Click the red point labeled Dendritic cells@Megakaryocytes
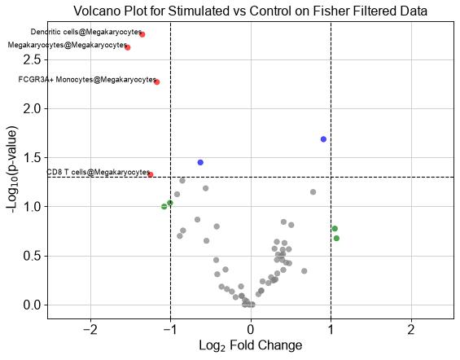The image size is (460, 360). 142,34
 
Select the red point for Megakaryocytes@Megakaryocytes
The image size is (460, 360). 127,47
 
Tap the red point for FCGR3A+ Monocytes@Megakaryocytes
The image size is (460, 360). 157,82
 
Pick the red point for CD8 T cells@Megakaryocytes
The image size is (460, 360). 151,174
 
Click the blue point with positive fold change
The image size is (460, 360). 323,139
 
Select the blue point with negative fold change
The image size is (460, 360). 200,162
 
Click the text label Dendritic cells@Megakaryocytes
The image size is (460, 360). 86,32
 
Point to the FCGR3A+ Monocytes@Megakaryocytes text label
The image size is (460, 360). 87,80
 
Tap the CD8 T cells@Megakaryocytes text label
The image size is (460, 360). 99,172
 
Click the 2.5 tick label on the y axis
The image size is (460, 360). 32,59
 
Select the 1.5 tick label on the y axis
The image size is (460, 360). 32,158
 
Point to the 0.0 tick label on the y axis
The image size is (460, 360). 32,305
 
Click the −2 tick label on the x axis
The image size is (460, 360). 90,330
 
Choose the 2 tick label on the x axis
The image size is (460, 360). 411,330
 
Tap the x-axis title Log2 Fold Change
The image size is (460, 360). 251,345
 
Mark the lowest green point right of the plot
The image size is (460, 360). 336,239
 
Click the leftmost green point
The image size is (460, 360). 164,207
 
